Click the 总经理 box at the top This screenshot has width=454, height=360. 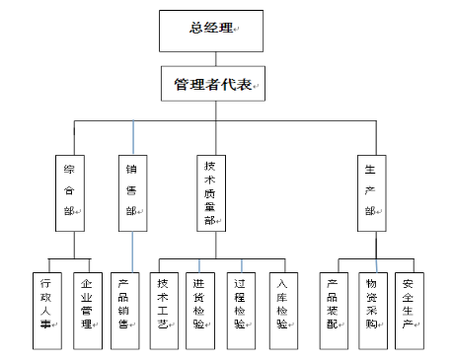tap(208, 30)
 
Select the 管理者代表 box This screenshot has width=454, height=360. tap(208, 84)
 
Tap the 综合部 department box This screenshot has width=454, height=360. tap(69, 191)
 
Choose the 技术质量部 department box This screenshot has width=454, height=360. tap(209, 191)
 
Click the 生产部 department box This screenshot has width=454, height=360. tap(369, 191)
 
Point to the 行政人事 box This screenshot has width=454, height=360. tap(42, 310)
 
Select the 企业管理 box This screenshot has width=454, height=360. tap(87, 310)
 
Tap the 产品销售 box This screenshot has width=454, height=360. tap(124, 310)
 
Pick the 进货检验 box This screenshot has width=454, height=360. tap(200, 310)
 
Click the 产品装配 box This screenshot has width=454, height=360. tap(334, 310)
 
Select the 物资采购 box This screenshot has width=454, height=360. tap(371, 310)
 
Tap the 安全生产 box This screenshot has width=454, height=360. tap(409, 310)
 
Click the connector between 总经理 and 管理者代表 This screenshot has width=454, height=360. tap(208, 58)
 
